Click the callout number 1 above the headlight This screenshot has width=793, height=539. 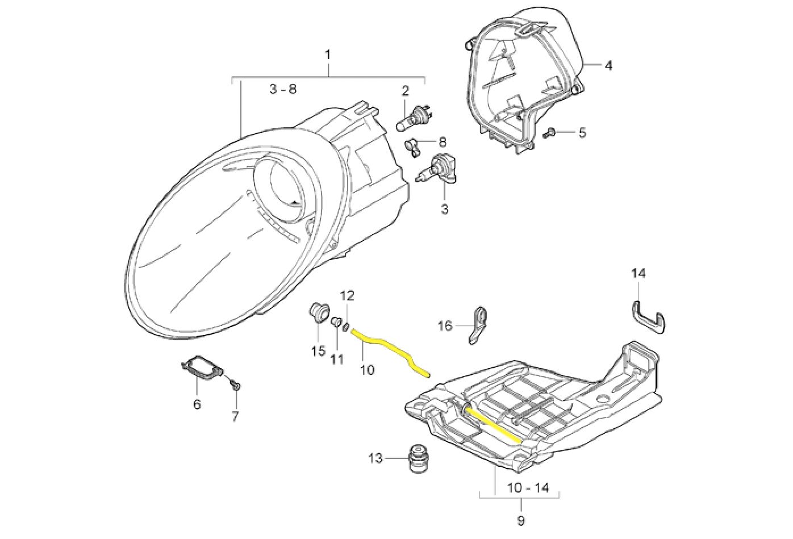tap(328, 55)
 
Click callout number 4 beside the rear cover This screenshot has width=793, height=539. tap(608, 66)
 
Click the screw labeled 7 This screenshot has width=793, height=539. tap(236, 386)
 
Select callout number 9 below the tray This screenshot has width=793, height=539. tap(521, 520)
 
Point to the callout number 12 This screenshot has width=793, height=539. tap(347, 295)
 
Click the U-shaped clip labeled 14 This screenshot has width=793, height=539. tap(648, 316)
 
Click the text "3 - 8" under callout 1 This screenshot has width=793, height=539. tap(283, 89)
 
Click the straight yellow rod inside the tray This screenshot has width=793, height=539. tap(493, 423)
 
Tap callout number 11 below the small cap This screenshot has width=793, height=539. tap(337, 359)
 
